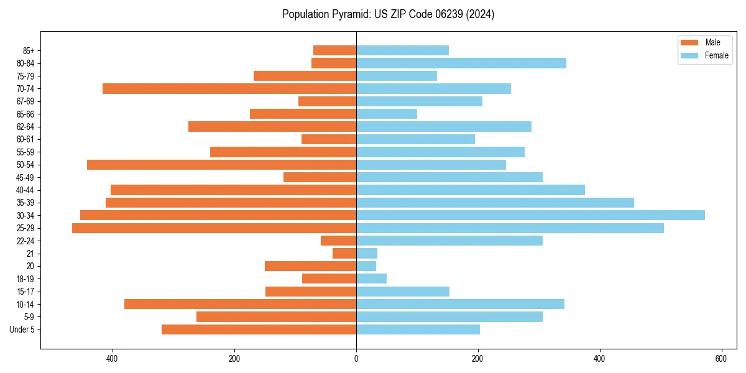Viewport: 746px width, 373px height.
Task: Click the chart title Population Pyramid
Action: click(388, 14)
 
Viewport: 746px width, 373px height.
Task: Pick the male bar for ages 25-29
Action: click(214, 228)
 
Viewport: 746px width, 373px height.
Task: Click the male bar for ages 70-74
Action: click(229, 88)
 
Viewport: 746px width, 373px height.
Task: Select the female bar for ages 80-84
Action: click(461, 63)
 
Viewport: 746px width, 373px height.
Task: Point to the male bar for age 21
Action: click(344, 253)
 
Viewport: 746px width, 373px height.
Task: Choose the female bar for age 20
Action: click(366, 266)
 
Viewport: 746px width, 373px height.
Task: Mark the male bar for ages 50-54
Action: click(221, 165)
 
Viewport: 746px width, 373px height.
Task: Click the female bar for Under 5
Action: click(418, 329)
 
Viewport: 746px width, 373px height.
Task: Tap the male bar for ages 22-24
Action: click(338, 241)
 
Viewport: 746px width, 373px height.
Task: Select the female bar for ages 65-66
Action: click(387, 114)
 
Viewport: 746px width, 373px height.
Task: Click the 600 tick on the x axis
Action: click(721, 359)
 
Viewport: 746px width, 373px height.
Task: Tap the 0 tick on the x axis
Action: click(356, 359)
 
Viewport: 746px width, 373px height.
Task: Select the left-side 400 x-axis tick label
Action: click(113, 359)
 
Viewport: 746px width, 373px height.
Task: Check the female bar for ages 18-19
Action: click(371, 279)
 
